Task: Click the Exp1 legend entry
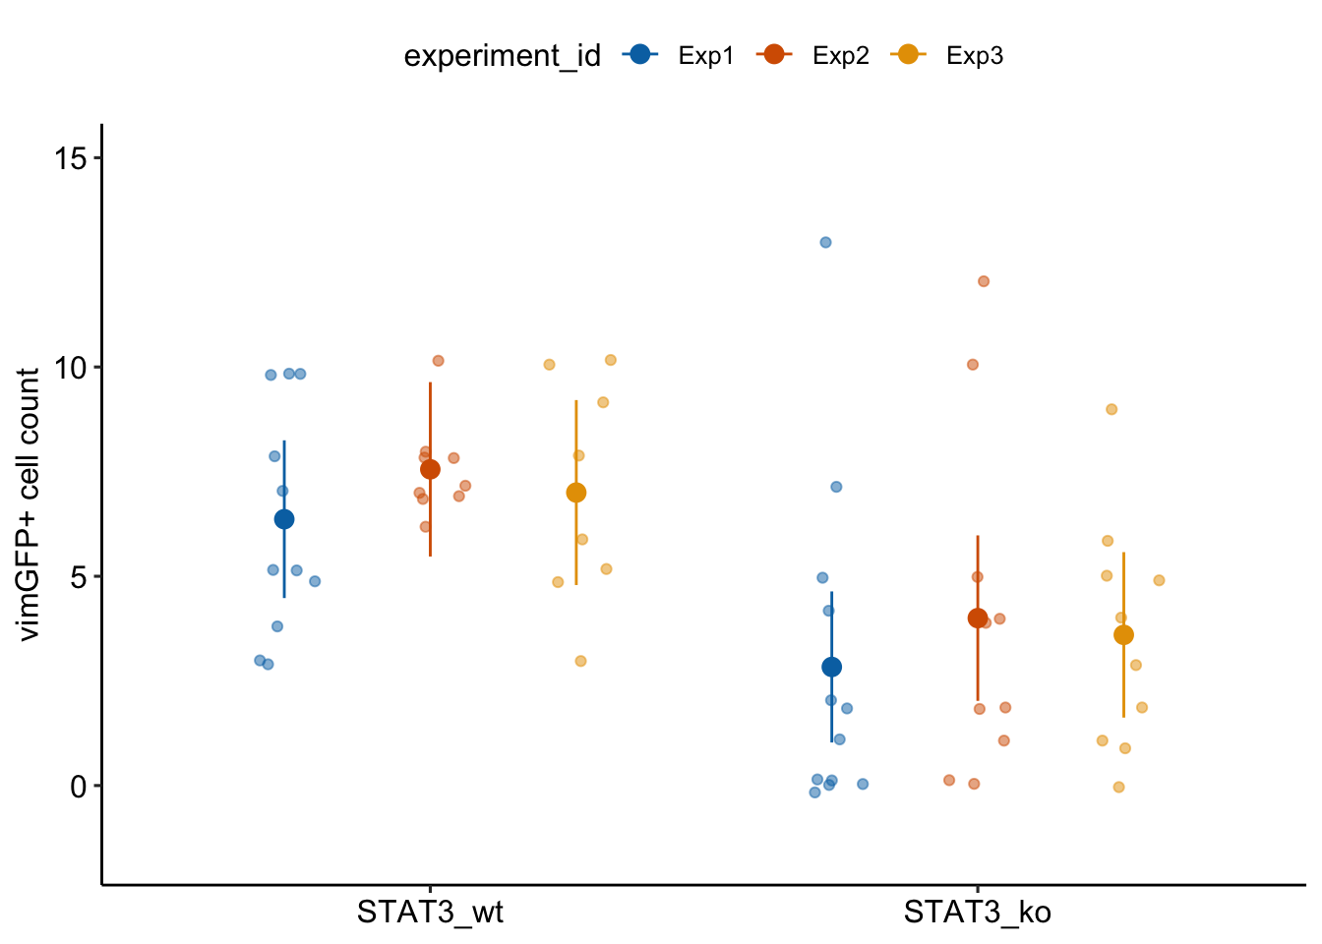pyautogui.click(x=680, y=56)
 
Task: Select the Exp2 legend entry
pyautogui.click(x=813, y=56)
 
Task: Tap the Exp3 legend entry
pyautogui.click(x=947, y=56)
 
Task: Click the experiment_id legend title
pyautogui.click(x=502, y=56)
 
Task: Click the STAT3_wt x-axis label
pyautogui.click(x=430, y=913)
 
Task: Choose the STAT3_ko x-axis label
pyautogui.click(x=977, y=913)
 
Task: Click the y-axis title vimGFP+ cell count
pyautogui.click(x=30, y=503)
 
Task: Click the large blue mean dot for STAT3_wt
pyautogui.click(x=284, y=519)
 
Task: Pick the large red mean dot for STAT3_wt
pyautogui.click(x=430, y=469)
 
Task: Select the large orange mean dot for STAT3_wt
pyautogui.click(x=576, y=493)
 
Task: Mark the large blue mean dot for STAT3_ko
pyautogui.click(x=831, y=667)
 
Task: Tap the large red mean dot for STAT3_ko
pyautogui.click(x=978, y=618)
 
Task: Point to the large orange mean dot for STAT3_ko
pyautogui.click(x=1123, y=635)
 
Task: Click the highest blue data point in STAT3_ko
pyautogui.click(x=826, y=242)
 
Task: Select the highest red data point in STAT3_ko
pyautogui.click(x=984, y=281)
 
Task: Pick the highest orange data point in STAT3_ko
pyautogui.click(x=1112, y=409)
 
